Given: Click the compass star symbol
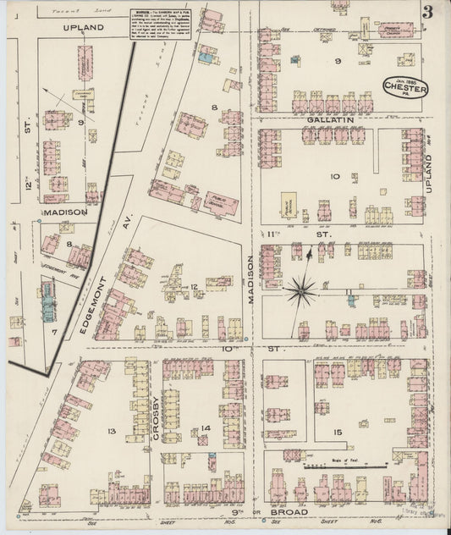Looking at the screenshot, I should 300,290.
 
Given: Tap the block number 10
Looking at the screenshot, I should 334,176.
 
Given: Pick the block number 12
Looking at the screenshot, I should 194,287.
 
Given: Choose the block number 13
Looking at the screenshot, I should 111,431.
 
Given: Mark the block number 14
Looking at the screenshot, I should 205,428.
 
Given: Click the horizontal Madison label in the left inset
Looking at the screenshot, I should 66,212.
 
